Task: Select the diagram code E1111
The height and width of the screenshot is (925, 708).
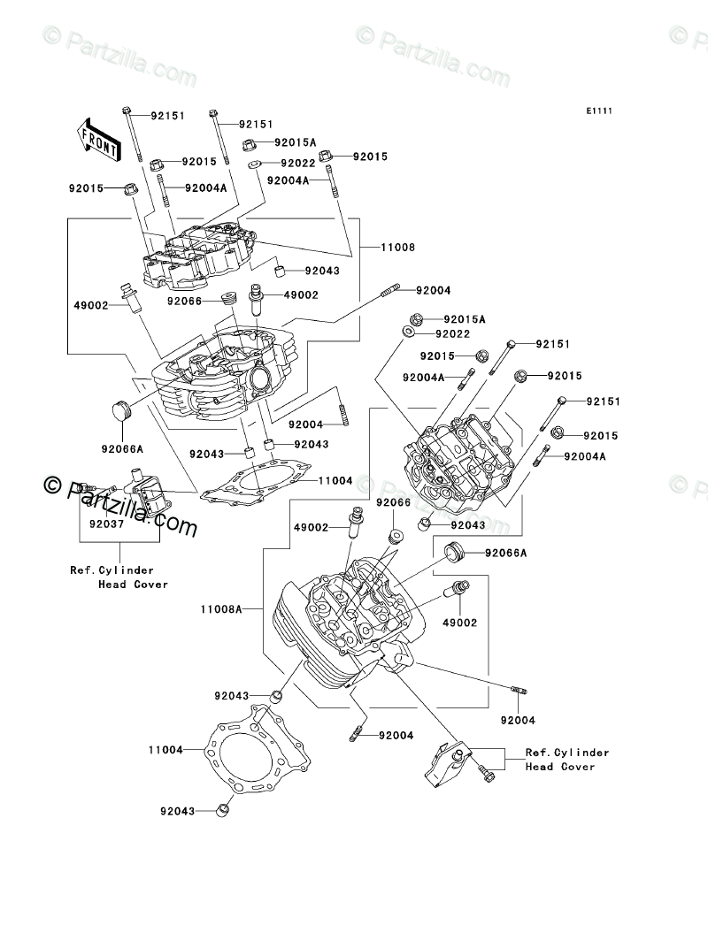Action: pos(597,111)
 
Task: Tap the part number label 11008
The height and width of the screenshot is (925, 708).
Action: pos(398,248)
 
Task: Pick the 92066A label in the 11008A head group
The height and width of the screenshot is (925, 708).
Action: pos(504,554)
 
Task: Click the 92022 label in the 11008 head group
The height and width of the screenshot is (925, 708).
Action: pos(298,164)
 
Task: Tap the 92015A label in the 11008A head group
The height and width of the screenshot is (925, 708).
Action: pos(465,318)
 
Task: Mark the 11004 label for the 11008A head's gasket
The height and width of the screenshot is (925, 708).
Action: pos(165,750)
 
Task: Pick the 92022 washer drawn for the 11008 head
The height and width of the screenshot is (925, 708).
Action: pos(253,164)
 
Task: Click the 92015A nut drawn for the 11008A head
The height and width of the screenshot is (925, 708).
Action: pos(416,318)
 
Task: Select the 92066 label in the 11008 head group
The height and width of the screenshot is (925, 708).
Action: pos(185,301)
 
